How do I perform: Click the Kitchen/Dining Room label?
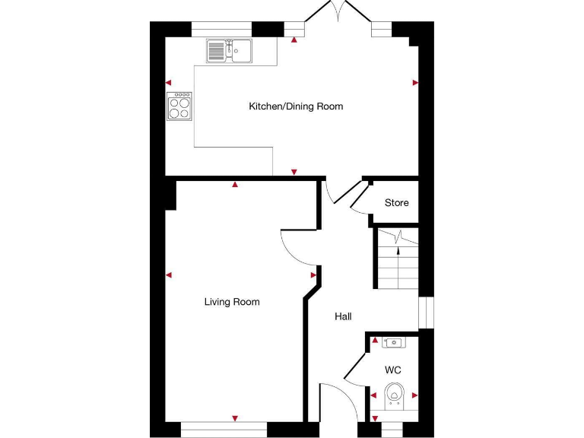click(296, 106)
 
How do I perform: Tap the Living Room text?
click(232, 302)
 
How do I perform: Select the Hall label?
click(343, 316)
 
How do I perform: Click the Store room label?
click(396, 203)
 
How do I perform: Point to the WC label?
click(392, 370)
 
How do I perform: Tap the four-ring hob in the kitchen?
click(179, 106)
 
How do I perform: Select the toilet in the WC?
click(394, 394)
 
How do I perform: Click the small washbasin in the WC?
click(394, 343)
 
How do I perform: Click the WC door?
click(354, 368)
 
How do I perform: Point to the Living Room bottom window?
click(224, 430)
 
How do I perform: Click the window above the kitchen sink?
click(221, 29)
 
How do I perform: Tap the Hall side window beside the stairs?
click(426, 313)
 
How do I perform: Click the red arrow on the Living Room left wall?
click(169, 275)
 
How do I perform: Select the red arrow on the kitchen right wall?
click(415, 82)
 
